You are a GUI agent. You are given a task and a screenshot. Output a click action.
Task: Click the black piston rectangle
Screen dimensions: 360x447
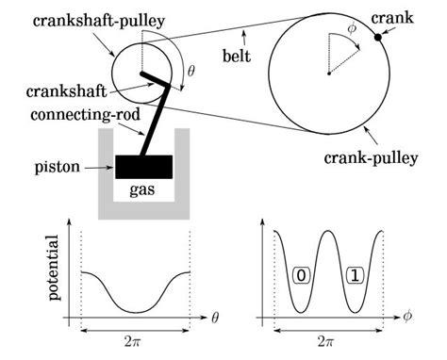click(143, 167)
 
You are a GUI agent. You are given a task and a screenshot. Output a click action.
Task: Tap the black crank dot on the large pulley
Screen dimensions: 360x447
click(378, 38)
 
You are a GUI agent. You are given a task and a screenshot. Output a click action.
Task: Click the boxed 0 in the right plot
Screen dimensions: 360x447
click(301, 277)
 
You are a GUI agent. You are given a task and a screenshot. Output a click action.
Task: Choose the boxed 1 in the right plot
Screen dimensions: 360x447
click(354, 277)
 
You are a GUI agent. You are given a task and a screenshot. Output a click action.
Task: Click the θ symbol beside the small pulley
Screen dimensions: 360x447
click(192, 70)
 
